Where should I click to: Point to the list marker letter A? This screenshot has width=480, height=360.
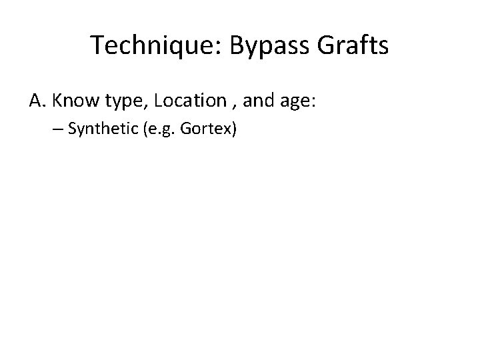[x=37, y=101]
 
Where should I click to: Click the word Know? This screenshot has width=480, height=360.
[x=72, y=101]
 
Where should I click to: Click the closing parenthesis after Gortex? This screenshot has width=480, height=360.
[x=234, y=130]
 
